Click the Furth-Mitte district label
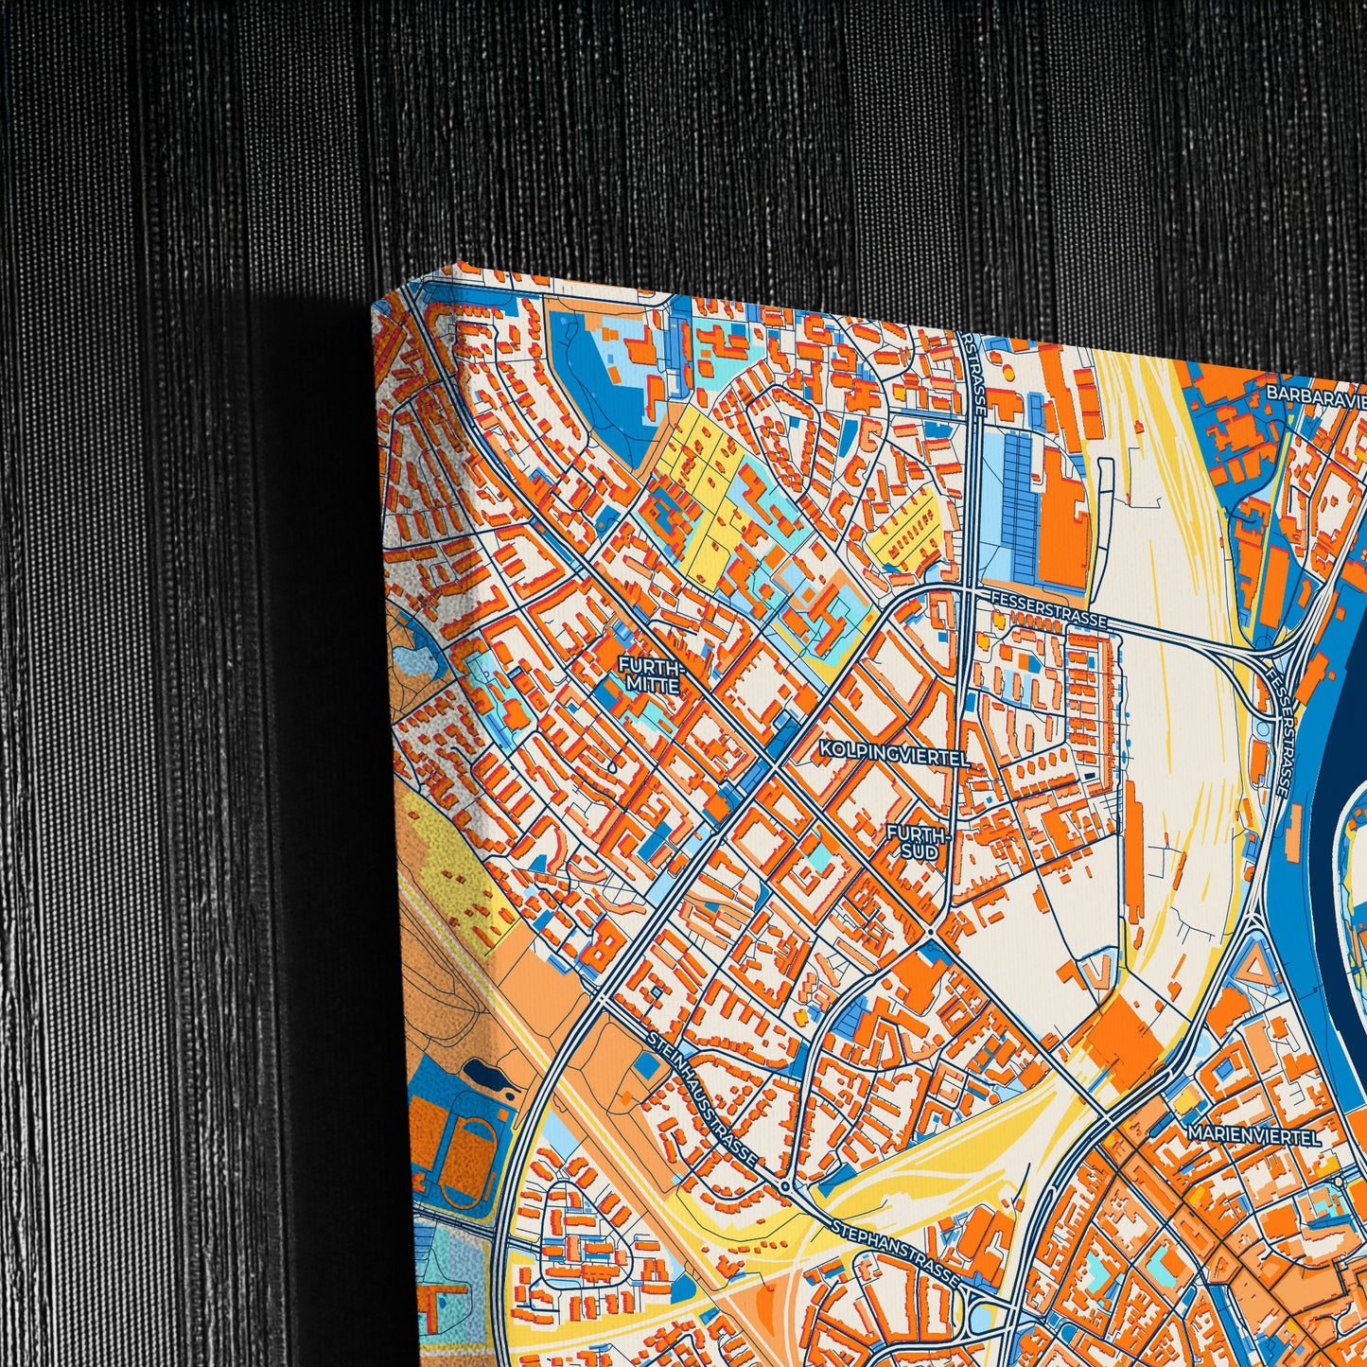click(x=650, y=675)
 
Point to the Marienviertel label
click(x=1254, y=1135)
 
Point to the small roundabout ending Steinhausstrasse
click(x=784, y=1186)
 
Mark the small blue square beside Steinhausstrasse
click(x=648, y=1064)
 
